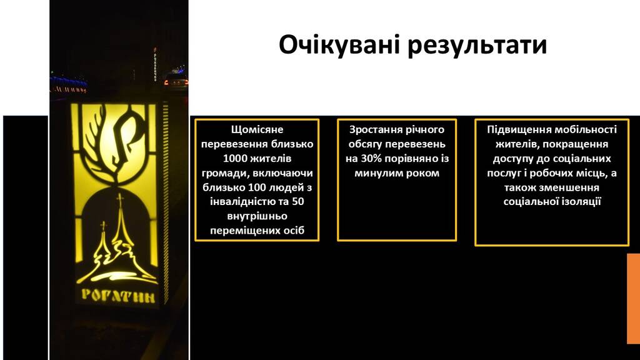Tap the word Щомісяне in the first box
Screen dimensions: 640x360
click(x=257, y=130)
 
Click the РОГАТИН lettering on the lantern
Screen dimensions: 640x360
click(x=118, y=296)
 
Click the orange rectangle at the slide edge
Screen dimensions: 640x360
click(x=634, y=298)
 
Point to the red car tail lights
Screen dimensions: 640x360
click(x=176, y=82)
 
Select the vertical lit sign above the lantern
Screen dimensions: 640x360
click(x=155, y=64)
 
